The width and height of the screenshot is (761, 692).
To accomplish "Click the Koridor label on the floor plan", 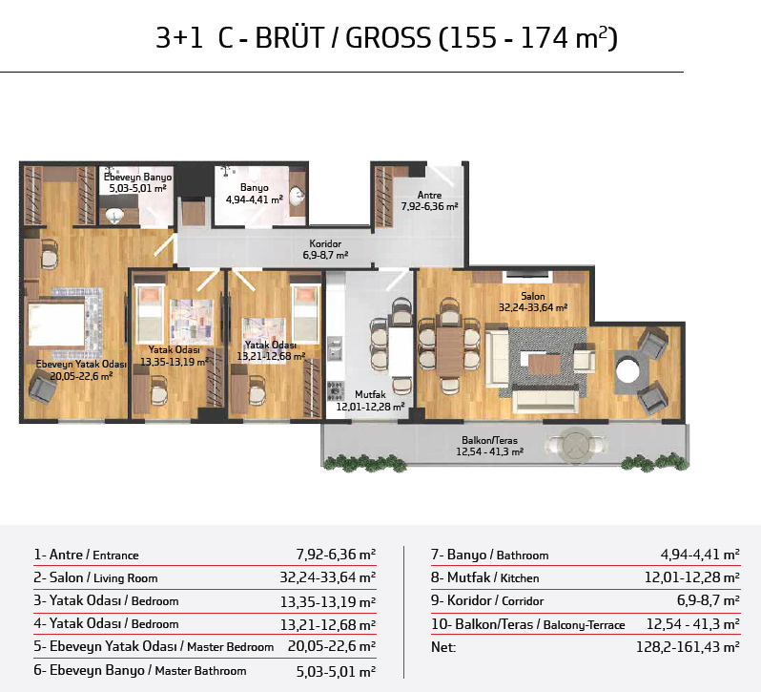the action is point(325,243).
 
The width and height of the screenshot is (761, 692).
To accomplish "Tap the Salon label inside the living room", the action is point(533,296).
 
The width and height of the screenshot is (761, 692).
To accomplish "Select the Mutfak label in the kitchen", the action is point(370,394).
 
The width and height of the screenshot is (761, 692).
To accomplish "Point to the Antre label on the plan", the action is point(429,195).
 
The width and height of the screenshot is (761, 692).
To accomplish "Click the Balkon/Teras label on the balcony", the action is point(490,440).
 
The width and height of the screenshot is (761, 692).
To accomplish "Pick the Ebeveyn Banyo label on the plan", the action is point(138,177).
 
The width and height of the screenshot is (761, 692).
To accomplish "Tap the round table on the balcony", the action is point(576,444).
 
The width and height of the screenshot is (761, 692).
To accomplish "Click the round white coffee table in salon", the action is point(628,371).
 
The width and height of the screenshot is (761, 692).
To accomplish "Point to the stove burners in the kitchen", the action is point(336,390).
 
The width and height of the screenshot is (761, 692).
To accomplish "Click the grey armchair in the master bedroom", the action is point(43,385).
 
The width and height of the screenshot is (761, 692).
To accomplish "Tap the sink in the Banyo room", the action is point(297,196).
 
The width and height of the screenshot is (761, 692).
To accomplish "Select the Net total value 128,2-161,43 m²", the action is point(688,647).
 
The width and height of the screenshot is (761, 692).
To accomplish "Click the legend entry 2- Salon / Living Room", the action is point(95,577).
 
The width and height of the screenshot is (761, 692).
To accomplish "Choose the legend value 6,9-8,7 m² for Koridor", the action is point(709,600).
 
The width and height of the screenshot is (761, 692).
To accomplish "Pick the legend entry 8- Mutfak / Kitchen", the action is point(484,577).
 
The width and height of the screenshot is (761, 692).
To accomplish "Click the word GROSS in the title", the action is point(388,38).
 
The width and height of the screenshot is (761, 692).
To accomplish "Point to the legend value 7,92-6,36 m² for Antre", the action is point(336,555).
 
